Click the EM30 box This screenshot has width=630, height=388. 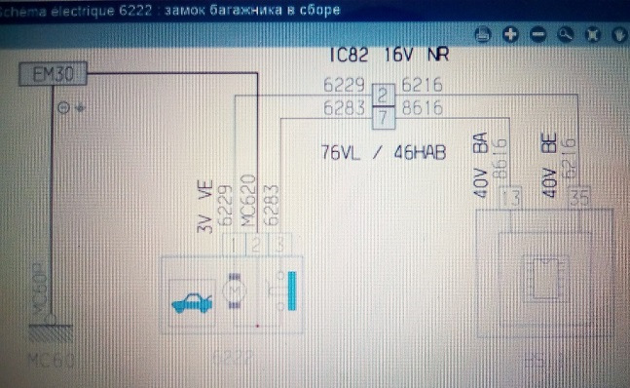[47, 74]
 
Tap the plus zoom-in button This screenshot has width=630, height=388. [509, 35]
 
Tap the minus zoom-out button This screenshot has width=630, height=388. [537, 35]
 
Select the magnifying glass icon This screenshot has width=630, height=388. [566, 35]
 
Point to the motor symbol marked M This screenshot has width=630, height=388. [235, 291]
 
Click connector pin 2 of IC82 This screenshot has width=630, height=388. [383, 95]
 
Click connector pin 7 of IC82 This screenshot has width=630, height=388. [383, 118]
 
